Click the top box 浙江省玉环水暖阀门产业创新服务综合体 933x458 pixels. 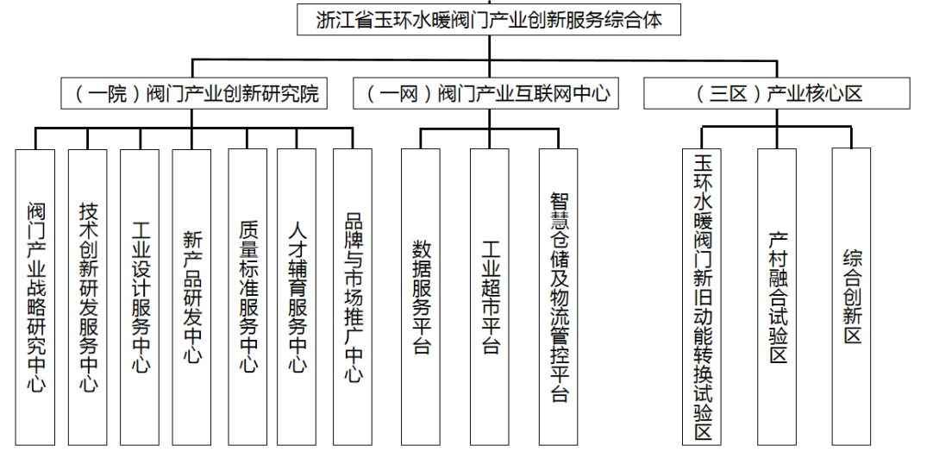[489, 20]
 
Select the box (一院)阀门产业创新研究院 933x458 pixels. [194, 93]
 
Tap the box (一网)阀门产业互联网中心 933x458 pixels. [486, 93]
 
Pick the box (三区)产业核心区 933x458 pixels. [777, 93]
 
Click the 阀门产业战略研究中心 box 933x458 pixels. [35, 297]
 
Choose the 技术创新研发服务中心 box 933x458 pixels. [87, 297]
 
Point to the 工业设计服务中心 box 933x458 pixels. [140, 297]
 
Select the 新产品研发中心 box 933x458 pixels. [191, 297]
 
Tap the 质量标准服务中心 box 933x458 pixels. [247, 297]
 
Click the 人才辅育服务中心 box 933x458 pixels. [297, 297]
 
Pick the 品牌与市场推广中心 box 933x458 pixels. [353, 297]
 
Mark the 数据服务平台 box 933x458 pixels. [421, 297]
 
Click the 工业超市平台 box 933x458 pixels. [490, 297]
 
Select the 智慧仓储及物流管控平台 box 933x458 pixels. [558, 297]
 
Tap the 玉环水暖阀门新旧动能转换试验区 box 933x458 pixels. [702, 297]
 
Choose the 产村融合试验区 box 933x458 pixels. [777, 297]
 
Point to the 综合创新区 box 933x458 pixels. [851, 297]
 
